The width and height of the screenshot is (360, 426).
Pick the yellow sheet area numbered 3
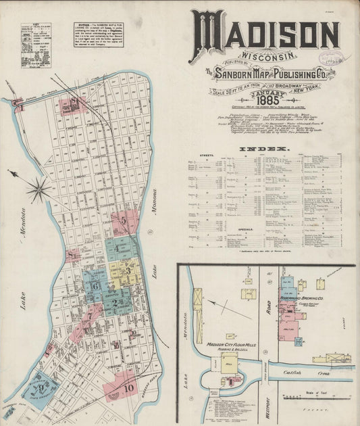[127, 270]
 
